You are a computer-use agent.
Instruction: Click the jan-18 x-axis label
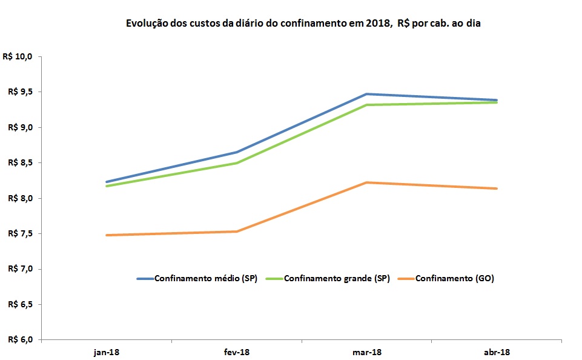coord(107,352)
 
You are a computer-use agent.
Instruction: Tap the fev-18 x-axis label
coord(237,352)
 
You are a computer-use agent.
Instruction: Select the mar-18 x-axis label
coord(367,352)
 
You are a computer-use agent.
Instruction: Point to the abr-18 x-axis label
coord(497,352)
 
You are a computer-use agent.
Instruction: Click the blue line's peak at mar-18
coord(367,94)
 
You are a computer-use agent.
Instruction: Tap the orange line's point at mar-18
coord(367,182)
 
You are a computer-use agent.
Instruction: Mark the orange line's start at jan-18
coord(107,235)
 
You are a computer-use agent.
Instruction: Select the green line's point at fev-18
coord(237,163)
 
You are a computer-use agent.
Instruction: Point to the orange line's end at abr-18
coord(497,188)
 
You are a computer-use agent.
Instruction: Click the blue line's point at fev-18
coord(237,152)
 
